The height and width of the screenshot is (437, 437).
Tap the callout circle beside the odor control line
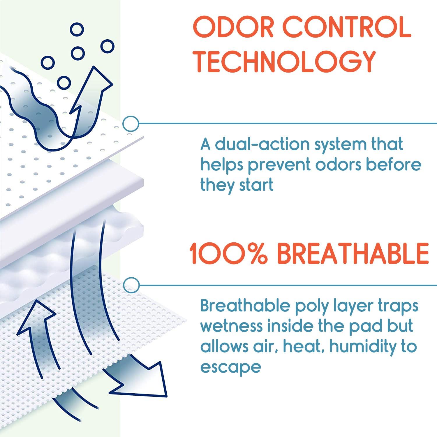131,124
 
